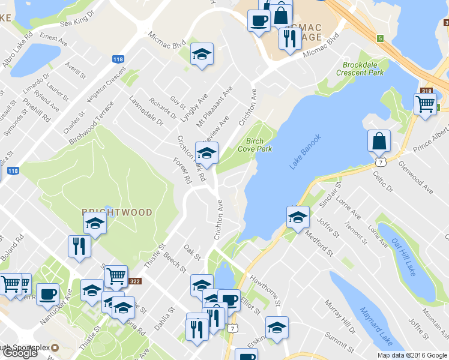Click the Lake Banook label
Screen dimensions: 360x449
point(306,151)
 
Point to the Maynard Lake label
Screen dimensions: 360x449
point(376,326)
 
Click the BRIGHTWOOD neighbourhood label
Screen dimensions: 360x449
point(117,212)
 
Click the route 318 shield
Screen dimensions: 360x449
point(427,91)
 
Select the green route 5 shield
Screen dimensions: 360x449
point(381,39)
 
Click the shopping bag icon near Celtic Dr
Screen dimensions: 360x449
point(379,142)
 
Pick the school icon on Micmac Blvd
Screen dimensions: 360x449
point(202,54)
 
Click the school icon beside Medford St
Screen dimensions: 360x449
point(297,217)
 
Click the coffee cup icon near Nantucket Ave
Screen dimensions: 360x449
point(47,293)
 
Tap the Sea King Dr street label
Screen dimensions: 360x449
point(77,19)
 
